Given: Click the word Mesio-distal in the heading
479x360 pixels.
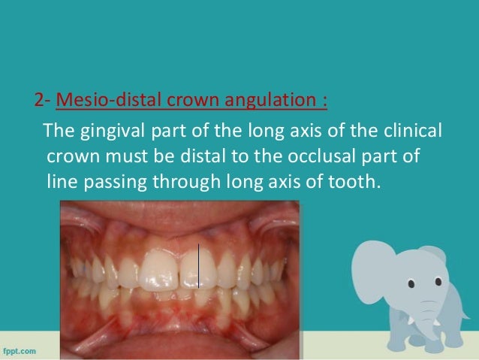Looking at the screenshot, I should click(91, 99).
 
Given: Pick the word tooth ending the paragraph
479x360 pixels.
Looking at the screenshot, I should click(348, 181).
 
